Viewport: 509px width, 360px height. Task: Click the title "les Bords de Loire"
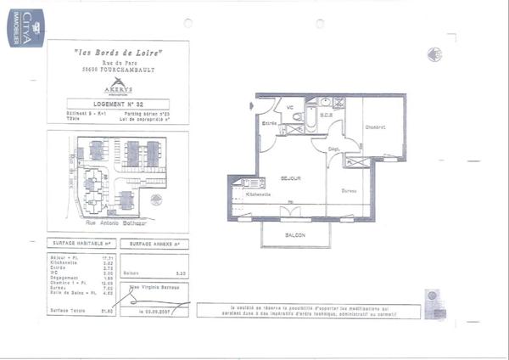[x=118, y=53]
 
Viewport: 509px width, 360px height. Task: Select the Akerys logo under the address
[x=118, y=84]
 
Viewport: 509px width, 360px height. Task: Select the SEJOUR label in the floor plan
[x=292, y=179]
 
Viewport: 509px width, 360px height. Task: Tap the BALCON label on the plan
[x=294, y=234]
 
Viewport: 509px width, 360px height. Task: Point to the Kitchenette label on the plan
[x=258, y=194]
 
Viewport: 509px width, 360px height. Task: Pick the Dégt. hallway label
[x=334, y=149]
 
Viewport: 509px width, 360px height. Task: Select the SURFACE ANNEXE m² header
[x=154, y=243]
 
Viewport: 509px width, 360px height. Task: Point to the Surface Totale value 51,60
[x=108, y=312]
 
